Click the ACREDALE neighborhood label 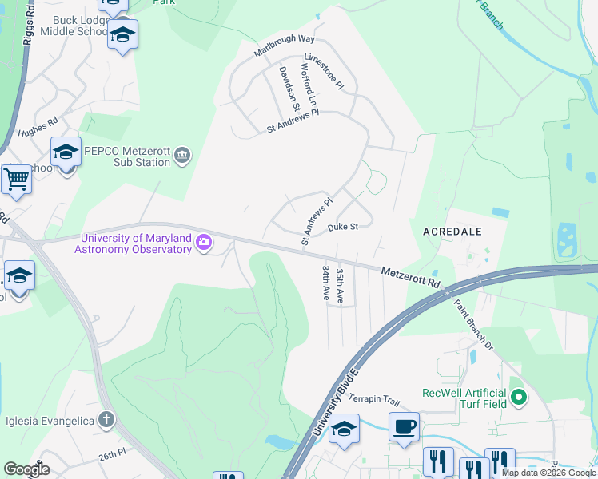tap(456, 231)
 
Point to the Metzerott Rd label tap(410, 277)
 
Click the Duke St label tap(342, 228)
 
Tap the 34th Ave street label tap(325, 283)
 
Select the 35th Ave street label tap(340, 285)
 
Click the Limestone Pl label tap(324, 71)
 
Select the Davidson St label tap(289, 88)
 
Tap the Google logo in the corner tap(26, 469)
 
